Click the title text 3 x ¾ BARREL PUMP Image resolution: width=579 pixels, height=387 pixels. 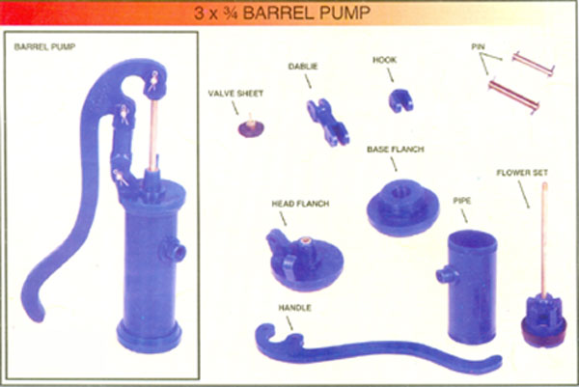282,14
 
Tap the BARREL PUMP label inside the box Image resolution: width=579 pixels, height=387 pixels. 44,47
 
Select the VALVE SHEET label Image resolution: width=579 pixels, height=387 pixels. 235,94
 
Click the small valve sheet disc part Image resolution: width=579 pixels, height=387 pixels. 251,126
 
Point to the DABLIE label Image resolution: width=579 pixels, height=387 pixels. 303,67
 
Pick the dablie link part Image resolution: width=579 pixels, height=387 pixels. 327,122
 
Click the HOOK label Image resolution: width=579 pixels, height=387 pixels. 384,60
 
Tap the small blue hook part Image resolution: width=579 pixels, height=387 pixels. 400,100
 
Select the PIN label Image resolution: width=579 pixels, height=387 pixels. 479,47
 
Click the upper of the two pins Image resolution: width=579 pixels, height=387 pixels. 534,64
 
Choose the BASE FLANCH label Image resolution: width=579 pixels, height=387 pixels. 395,150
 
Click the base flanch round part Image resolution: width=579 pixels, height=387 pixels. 402,207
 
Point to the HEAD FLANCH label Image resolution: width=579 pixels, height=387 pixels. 300,204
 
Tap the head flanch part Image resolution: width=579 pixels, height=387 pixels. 304,260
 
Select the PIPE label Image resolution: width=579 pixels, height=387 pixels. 462,201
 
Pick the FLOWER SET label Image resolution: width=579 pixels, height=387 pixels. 522,173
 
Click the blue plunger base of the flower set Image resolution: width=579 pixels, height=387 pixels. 543,320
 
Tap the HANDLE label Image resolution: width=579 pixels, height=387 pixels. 294,308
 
